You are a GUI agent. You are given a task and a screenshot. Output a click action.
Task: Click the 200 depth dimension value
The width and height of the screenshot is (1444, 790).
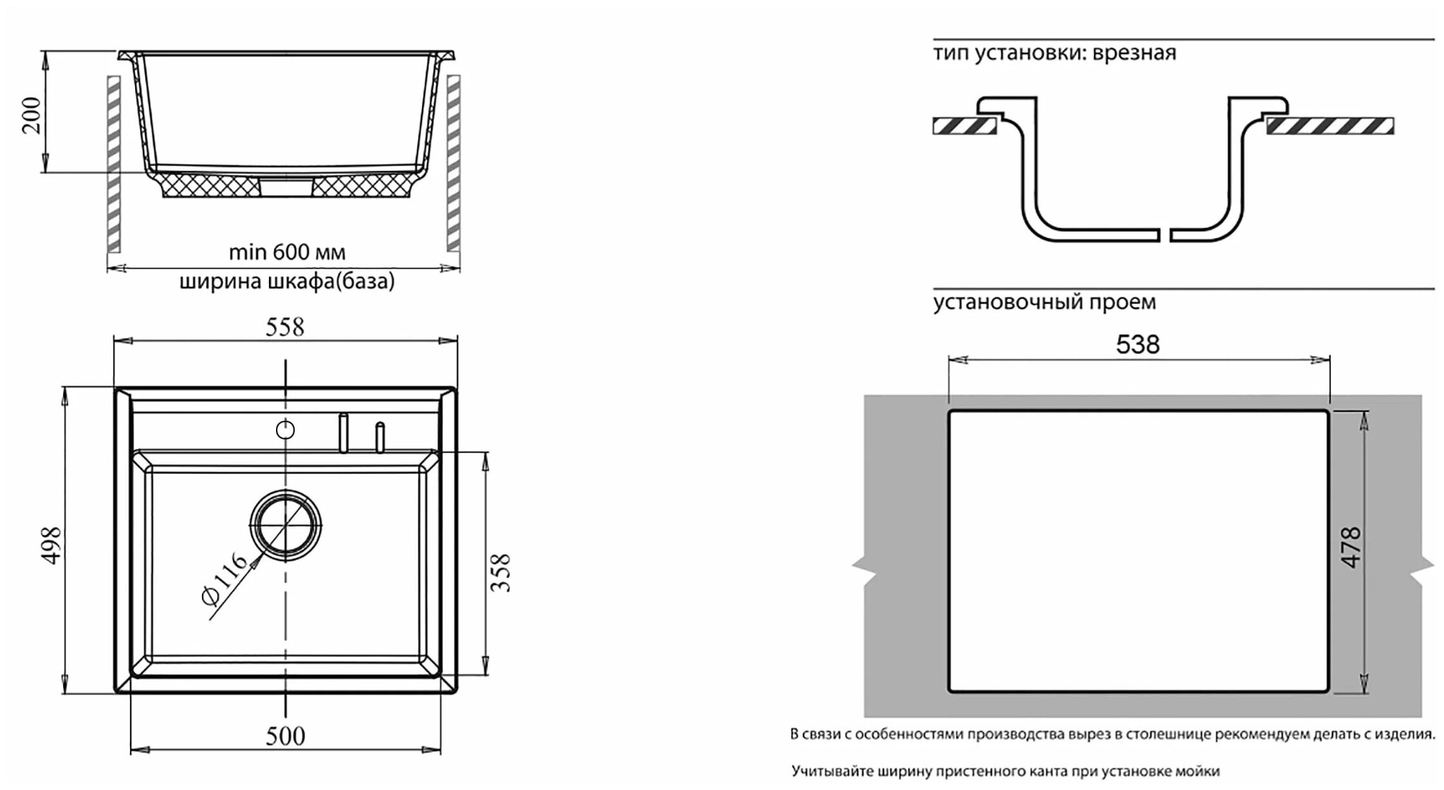click(32, 115)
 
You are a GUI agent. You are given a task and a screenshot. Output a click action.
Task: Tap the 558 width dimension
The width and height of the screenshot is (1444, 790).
click(285, 327)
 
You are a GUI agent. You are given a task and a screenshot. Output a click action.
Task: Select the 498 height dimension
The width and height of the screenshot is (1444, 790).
click(51, 545)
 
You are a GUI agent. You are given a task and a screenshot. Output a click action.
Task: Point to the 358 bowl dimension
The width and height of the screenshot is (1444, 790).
click(500, 573)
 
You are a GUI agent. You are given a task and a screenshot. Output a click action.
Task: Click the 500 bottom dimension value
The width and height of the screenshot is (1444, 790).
click(285, 736)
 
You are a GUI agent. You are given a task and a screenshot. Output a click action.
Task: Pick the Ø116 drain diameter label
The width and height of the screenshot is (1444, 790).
click(223, 578)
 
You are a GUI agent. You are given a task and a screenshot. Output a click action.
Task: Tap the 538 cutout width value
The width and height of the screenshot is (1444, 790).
click(1138, 345)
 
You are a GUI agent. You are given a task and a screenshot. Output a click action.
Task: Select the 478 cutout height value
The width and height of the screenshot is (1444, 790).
click(1352, 547)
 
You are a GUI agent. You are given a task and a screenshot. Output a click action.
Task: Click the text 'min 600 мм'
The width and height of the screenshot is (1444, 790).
click(287, 252)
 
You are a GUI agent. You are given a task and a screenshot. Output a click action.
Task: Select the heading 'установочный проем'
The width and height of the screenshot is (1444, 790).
click(1044, 302)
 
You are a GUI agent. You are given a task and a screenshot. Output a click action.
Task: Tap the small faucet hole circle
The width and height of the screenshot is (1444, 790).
click(285, 430)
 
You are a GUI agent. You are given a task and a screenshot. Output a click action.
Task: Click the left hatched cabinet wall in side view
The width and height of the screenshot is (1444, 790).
click(114, 163)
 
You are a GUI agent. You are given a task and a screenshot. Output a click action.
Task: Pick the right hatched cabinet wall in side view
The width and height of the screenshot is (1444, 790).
click(453, 163)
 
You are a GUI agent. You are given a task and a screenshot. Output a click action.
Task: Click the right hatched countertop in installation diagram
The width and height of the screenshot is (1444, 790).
click(1329, 126)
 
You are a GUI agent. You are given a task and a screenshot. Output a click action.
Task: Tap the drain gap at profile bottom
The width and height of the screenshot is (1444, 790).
click(1165, 235)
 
